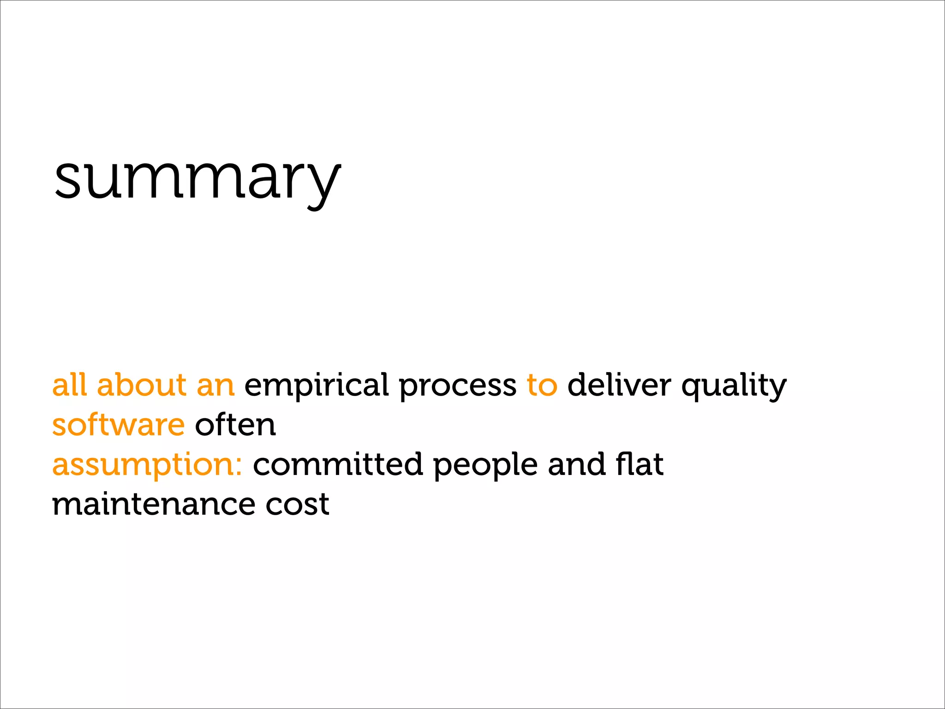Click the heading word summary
point(197,179)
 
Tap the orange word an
point(215,386)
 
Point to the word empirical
point(317,386)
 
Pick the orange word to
point(542,385)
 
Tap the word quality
point(734,386)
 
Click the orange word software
point(119,425)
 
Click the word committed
point(338,464)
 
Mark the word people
point(485,465)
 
